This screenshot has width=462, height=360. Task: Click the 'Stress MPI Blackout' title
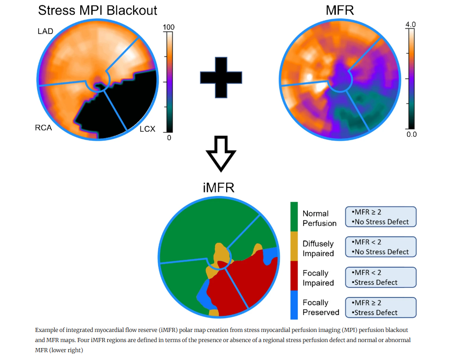[98, 10]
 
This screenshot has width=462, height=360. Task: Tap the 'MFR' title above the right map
[340, 10]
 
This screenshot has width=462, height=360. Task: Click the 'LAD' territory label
[45, 31]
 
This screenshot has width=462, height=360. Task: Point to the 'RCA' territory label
[43, 128]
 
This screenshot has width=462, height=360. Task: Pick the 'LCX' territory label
[147, 129]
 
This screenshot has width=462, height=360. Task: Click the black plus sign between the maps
[221, 77]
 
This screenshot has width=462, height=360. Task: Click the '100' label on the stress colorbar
[169, 28]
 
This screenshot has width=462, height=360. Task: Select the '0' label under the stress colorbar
[169, 137]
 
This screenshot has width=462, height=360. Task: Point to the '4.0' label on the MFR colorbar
[411, 24]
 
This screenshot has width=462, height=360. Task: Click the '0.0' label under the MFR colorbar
[411, 134]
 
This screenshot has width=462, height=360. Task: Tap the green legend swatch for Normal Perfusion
[294, 216]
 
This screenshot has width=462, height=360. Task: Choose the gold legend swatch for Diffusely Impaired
[294, 246]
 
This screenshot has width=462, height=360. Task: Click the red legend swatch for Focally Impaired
[294, 276]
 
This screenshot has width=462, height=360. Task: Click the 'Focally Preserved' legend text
[321, 308]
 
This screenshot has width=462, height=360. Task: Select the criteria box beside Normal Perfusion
[380, 217]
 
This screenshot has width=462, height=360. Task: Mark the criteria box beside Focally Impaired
[380, 277]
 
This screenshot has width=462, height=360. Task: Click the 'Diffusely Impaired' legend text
[318, 248]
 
